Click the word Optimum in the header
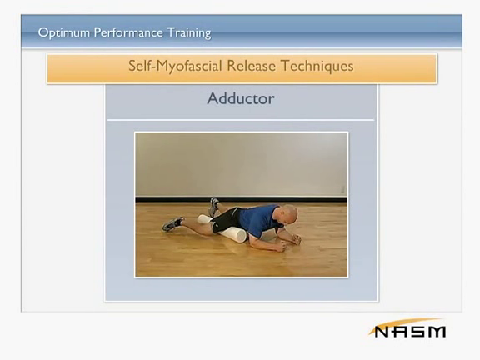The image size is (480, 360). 64,32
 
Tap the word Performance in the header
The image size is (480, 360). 128,32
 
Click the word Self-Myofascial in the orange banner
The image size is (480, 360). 175,66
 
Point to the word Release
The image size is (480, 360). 251,66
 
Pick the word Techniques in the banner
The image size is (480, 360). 317,66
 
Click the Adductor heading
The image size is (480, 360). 241,98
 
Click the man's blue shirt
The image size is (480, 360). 257,219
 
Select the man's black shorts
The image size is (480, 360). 226,220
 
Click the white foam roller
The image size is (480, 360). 222,228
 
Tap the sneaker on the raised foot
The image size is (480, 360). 213,207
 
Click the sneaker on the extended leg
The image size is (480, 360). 172,224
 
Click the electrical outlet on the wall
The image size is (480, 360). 342,189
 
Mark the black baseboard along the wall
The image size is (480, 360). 241,200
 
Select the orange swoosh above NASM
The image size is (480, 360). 404,325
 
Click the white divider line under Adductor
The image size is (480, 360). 241,120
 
